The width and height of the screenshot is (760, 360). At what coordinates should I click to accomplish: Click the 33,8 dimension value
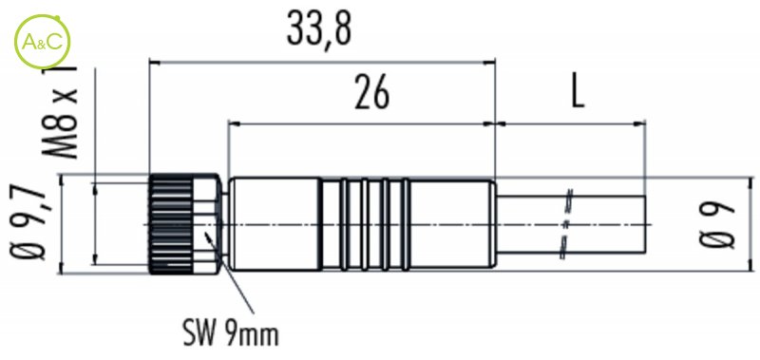coord(319,29)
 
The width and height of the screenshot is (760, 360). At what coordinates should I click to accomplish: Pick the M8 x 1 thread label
coord(61,110)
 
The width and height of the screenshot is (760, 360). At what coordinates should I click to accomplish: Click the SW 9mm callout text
coord(231,333)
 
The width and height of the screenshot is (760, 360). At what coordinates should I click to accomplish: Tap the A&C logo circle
coord(41,42)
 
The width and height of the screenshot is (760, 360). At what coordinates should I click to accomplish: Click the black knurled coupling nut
coord(171,224)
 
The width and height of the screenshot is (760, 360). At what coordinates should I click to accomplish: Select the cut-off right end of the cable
coord(646,224)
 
